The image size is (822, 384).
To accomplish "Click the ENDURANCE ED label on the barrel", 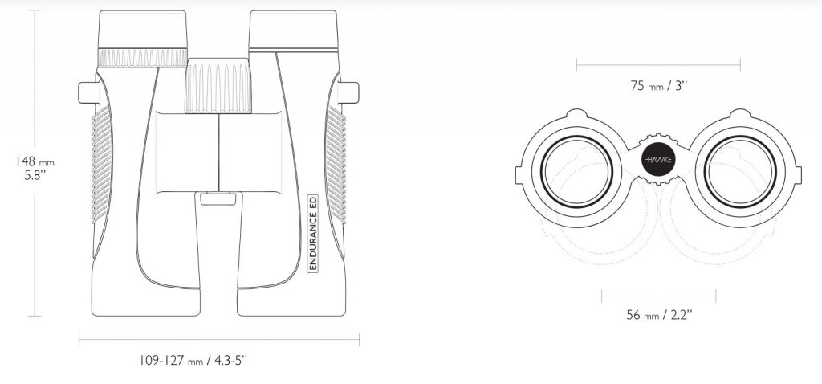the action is pos(312,233).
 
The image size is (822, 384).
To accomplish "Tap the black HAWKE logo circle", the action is pos(658,159).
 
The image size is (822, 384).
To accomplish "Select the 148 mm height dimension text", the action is pos(35,161).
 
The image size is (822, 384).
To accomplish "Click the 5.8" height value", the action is pos(35,175).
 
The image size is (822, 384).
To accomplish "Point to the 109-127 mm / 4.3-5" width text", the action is pos(193,361).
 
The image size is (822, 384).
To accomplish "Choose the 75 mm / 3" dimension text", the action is pos(658,85).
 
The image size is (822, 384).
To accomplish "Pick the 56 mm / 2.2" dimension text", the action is pos(659,315).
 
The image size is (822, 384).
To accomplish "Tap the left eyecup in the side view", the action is pos(143,30).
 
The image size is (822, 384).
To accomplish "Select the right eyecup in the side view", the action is pos(293,30).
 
